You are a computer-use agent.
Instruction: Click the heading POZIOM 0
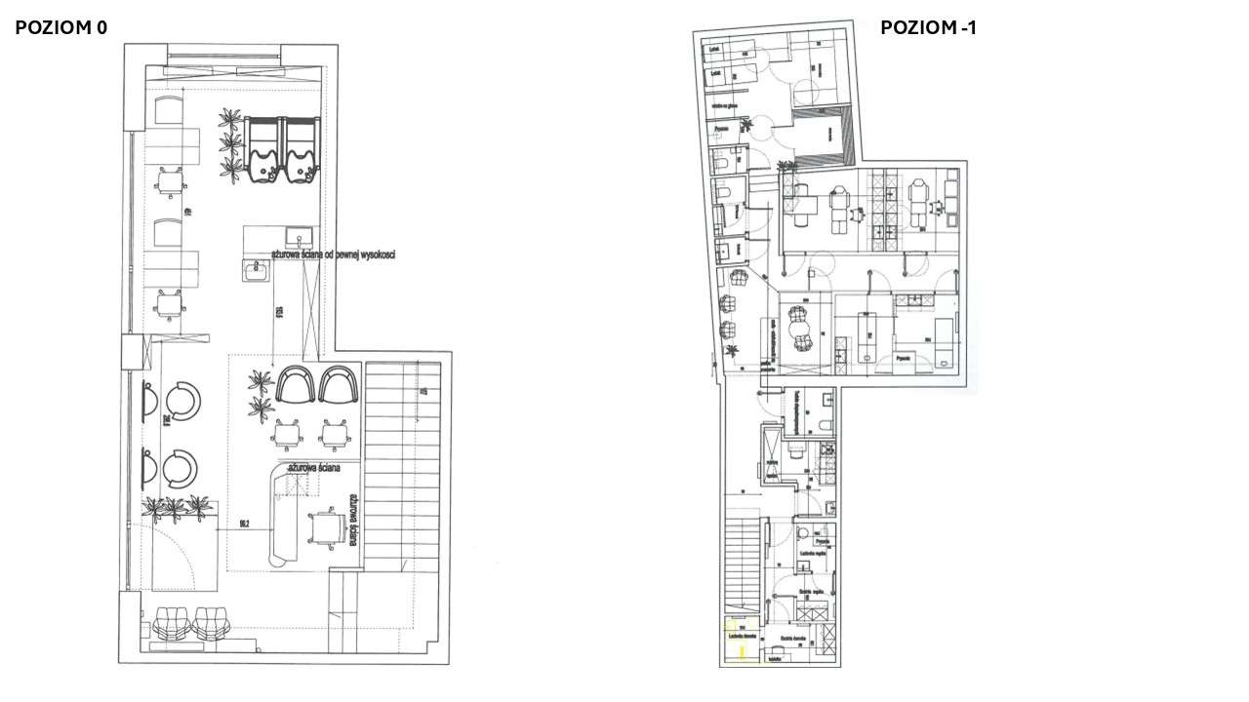pyautogui.click(x=60, y=28)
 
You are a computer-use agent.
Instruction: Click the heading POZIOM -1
pyautogui.click(x=928, y=28)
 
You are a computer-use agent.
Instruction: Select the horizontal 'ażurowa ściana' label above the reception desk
pyautogui.click(x=313, y=468)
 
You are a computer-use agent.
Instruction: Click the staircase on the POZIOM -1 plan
pyautogui.click(x=743, y=565)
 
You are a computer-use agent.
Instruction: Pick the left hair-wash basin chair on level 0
pyautogui.click(x=264, y=149)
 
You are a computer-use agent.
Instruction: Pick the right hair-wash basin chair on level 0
pyautogui.click(x=301, y=149)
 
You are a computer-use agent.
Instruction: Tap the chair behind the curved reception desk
pyautogui.click(x=322, y=527)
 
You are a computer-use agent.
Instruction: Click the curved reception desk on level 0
pyautogui.click(x=282, y=517)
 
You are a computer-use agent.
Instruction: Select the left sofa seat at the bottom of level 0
pyautogui.click(x=172, y=623)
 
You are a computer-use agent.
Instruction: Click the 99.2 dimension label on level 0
pyautogui.click(x=245, y=524)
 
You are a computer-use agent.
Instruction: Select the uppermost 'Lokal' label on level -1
pyautogui.click(x=715, y=47)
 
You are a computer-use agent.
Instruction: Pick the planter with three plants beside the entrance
pyautogui.click(x=176, y=507)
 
